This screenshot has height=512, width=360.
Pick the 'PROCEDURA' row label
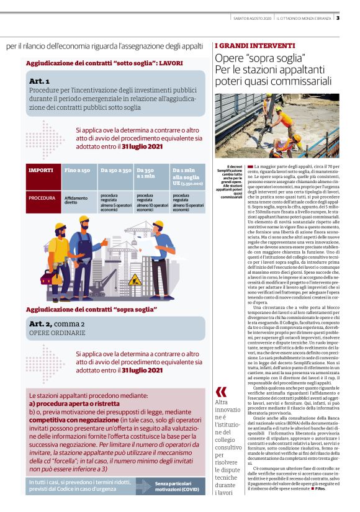tap(42, 198)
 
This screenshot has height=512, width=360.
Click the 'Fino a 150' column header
tap(77, 169)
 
